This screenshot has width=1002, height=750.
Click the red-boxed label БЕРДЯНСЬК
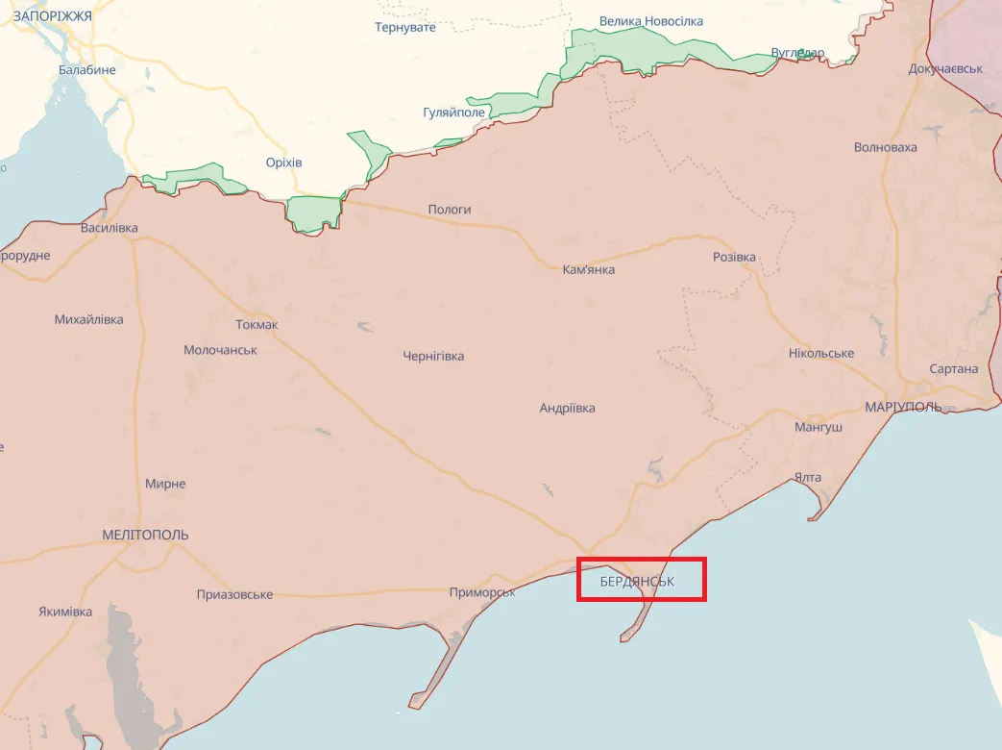click(x=638, y=582)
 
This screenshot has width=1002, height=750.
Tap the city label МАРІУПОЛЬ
click(x=903, y=407)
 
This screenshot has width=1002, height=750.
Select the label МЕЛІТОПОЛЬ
click(x=145, y=535)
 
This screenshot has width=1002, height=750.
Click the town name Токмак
click(x=257, y=324)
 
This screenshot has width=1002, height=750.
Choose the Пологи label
click(x=450, y=210)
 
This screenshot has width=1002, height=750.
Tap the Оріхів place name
click(x=283, y=162)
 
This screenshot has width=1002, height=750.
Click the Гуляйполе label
click(x=455, y=112)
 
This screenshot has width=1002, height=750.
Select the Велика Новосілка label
click(x=650, y=21)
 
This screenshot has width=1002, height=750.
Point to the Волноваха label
click(x=885, y=147)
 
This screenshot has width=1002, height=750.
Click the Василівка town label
click(x=110, y=228)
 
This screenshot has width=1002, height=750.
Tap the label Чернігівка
click(x=433, y=356)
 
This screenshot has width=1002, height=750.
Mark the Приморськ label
click(x=482, y=592)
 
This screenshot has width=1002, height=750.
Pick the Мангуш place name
click(x=819, y=427)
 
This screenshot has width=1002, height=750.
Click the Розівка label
click(x=734, y=258)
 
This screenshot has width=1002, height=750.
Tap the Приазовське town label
click(x=234, y=594)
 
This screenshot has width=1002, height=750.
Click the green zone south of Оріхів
click(x=314, y=213)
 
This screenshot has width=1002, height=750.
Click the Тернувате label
click(x=404, y=27)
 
